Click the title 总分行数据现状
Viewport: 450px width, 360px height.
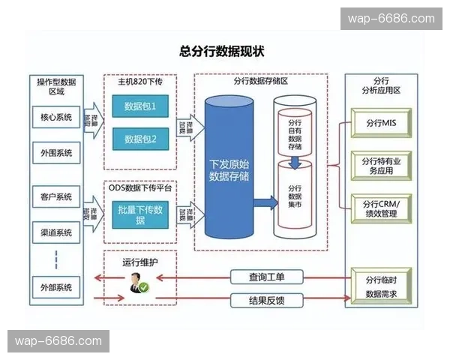tap(222, 52)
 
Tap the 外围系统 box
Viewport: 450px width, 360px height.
tap(57, 153)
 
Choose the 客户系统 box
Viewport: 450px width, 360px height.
tap(57, 197)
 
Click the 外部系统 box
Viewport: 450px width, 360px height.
tap(57, 286)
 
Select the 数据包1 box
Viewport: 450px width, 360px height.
tap(140, 106)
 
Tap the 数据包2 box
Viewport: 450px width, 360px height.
tap(140, 139)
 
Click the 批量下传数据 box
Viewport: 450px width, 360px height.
tap(140, 214)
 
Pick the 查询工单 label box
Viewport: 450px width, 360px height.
tap(266, 277)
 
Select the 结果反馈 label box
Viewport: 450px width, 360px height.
tap(266, 301)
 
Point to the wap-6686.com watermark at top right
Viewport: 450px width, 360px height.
tap(390, 19)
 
